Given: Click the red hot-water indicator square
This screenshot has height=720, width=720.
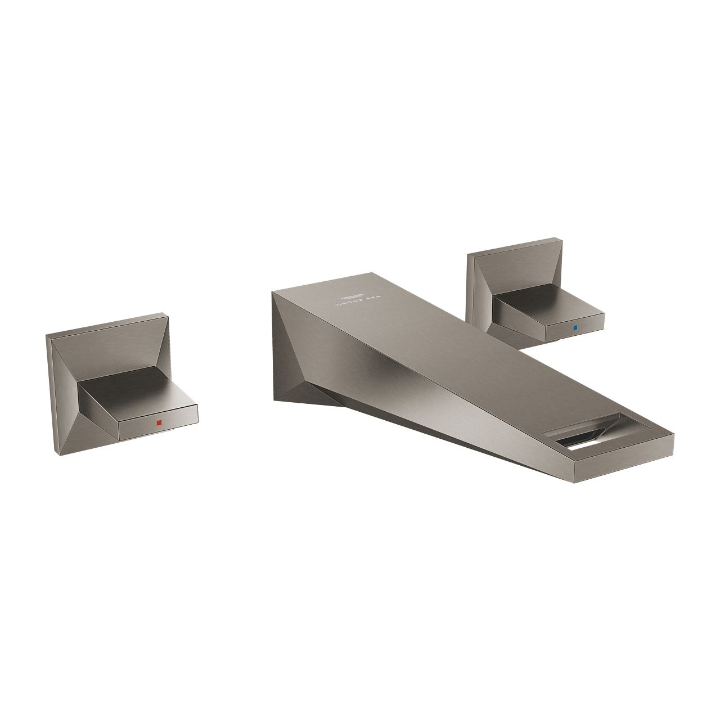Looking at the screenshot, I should click(x=159, y=422).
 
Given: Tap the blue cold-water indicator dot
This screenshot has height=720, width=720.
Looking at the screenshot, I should click(x=575, y=327).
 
